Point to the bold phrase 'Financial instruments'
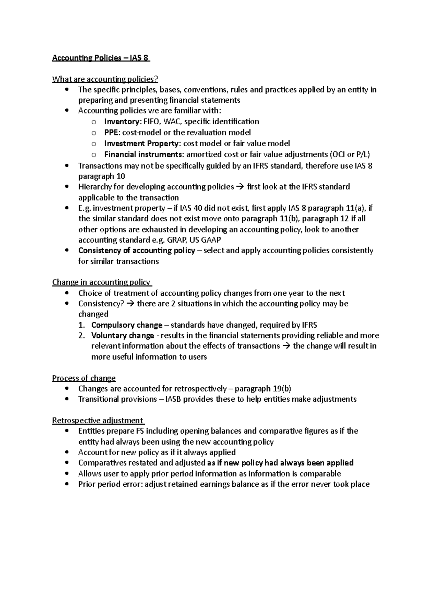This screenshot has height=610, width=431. coord(144,154)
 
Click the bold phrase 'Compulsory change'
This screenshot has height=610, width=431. coord(127,325)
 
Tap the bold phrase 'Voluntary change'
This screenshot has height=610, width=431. coord(122,336)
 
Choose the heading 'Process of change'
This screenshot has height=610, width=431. coord(84,378)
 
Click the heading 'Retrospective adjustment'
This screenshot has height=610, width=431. coord(98,420)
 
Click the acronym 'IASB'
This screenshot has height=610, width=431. coord(173,399)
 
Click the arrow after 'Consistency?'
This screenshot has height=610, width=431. coord(130,304)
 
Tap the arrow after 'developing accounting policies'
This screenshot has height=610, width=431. coord(241,187)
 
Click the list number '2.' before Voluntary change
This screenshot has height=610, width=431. coord(82,336)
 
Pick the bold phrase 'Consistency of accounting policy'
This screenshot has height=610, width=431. coord(136,250)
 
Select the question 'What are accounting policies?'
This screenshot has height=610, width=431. coord(105,79)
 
